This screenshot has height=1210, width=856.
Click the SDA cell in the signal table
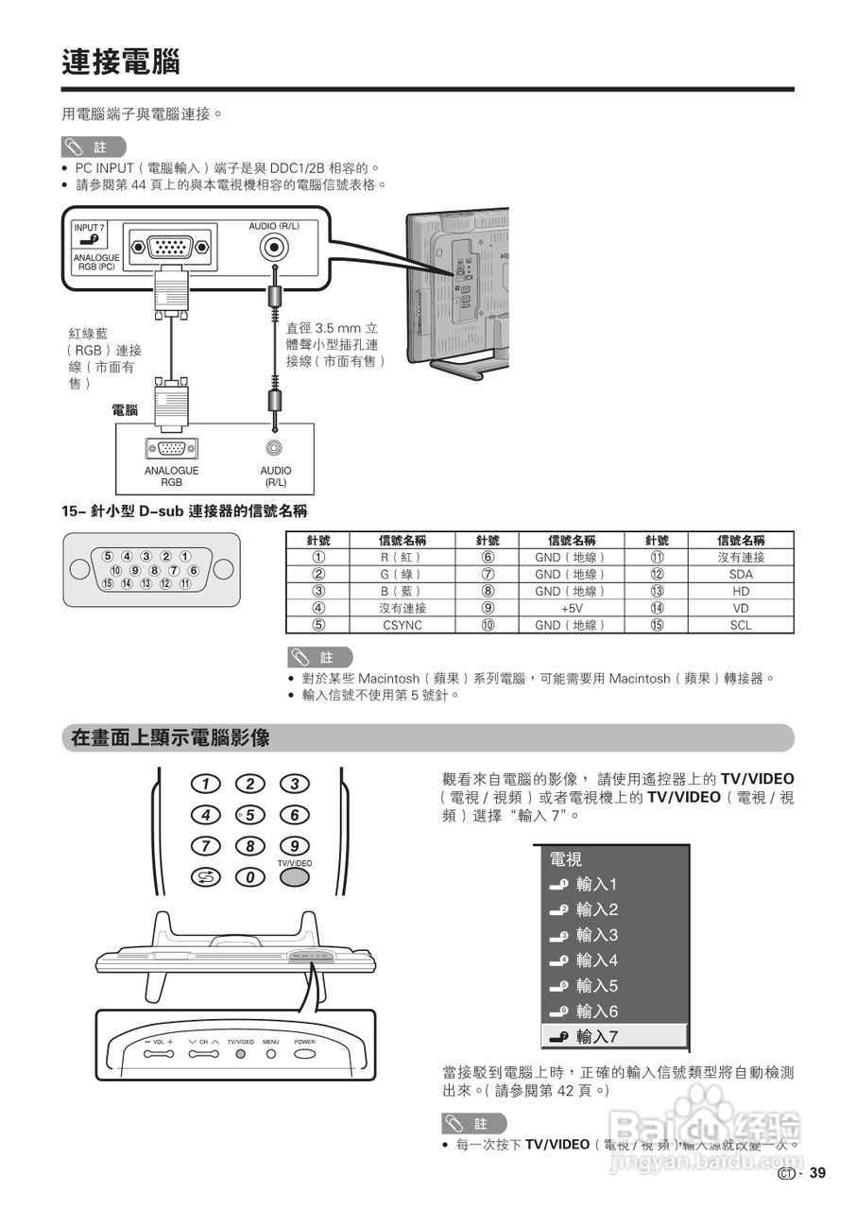point(741,574)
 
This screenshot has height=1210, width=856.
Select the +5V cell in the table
point(571,608)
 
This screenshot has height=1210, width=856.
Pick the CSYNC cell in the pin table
point(402,625)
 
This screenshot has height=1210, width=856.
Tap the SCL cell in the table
point(741,625)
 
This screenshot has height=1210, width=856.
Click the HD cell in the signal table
point(741,591)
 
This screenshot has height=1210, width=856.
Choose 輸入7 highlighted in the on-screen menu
point(596,1037)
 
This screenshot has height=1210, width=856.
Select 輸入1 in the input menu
point(596,885)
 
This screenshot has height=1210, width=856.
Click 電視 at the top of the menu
point(566,859)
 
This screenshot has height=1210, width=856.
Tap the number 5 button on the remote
point(250,815)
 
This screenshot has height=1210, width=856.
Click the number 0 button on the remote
point(250,878)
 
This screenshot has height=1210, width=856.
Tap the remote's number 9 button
point(295,846)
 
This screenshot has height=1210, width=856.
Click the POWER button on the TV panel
point(304,1052)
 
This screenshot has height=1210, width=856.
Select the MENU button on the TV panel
point(271,1052)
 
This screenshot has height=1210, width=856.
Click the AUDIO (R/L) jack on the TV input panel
point(274,249)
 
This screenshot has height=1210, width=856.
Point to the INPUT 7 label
point(90,228)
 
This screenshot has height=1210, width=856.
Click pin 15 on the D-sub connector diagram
point(109,583)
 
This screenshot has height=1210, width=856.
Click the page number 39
point(817,1173)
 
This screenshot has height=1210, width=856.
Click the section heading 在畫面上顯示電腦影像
point(171,738)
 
